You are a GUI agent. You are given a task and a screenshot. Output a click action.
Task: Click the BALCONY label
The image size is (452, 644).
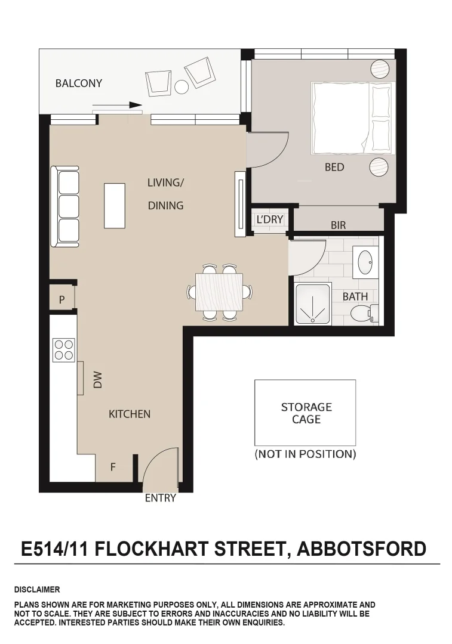coord(78,83)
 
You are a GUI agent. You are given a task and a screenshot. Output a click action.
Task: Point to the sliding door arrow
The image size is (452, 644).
coord(118,105)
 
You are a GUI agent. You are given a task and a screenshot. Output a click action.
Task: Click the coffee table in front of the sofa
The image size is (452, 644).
coord(115,206)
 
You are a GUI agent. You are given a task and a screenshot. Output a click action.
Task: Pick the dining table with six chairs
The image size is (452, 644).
coord(219,292)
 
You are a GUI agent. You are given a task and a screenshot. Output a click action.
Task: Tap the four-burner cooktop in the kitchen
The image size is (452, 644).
coord(63,350)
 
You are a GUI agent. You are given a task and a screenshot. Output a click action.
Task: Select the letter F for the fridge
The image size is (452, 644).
coord(113,467)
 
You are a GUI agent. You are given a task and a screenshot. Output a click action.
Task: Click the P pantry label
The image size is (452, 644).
coord(62,300)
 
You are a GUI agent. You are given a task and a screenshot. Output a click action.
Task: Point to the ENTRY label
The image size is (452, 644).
coord(160,498)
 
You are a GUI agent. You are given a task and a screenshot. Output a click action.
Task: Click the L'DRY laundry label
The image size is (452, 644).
coord(269,219)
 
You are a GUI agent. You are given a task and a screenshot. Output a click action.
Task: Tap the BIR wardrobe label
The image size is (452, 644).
coord(338,225)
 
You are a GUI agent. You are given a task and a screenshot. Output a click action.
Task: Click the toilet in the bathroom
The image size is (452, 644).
coord(362,312)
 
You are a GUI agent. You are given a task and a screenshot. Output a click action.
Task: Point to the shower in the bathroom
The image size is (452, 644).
coord(312,304)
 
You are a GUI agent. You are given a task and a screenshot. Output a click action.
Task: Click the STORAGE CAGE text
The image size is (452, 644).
coord(306,413)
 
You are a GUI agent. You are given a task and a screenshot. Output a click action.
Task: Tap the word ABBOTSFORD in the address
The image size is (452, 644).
coord(362,548)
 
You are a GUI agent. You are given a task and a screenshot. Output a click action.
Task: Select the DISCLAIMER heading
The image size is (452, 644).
coord(37,590)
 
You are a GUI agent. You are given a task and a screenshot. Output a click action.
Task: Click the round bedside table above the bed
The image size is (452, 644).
coord(379,69)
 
